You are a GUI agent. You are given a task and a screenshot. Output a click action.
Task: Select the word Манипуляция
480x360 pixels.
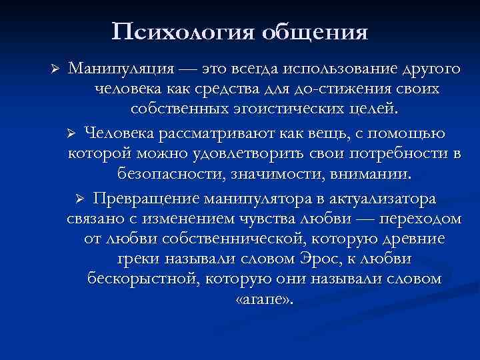[x=123, y=69]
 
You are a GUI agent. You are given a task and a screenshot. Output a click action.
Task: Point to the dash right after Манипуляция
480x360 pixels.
[x=194, y=69]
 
